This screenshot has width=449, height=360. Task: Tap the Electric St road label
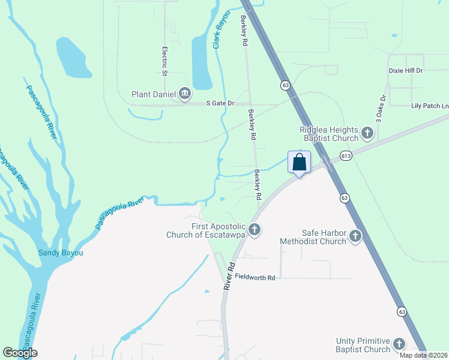coord(164,61)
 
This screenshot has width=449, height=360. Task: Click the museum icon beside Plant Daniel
coord(185,93)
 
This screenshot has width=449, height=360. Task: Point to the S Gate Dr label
coord(220,103)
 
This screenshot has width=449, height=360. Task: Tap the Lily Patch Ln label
coord(429,106)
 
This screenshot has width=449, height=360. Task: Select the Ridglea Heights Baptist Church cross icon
coord(367,132)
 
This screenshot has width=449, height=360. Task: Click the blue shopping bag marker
coord(299,163)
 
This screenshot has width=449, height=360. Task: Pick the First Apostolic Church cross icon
coord(255,229)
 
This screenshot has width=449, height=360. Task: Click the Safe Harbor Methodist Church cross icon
coord(355,236)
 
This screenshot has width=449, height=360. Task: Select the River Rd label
coord(229,277)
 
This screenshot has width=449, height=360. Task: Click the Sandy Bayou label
coord(61,253)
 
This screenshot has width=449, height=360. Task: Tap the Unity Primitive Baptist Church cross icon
coord(399,344)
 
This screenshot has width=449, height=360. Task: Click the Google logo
coord(20,353)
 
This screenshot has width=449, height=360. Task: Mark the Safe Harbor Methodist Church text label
coord(313,237)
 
